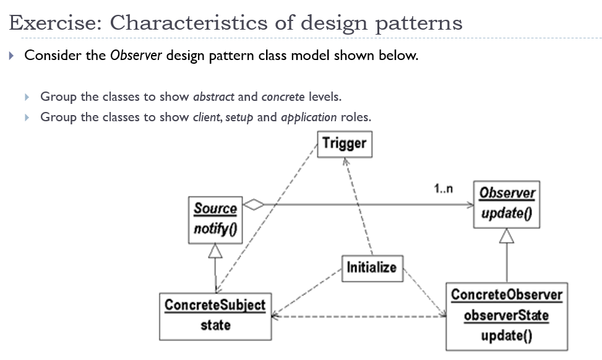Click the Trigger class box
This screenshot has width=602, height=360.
coord(345,144)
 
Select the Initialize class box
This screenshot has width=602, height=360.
coord(371,267)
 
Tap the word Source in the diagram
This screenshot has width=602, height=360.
coord(215,208)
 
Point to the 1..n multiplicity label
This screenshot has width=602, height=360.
coord(444,189)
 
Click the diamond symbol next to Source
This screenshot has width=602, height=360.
coord(254,204)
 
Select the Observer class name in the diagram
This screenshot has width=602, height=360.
coord(507,192)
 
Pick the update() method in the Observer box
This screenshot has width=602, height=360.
coord(507,214)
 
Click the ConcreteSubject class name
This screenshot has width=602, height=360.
coord(215,304)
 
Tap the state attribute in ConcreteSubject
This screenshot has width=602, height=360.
coord(215,325)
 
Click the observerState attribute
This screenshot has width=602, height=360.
coord(507,315)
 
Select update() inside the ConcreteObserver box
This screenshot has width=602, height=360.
coord(507,335)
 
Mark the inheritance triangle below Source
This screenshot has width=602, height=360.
coord(215,251)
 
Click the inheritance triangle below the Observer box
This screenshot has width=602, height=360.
coord(507,236)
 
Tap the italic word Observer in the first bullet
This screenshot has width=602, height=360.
coord(136,56)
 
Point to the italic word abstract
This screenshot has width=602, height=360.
coord(213,96)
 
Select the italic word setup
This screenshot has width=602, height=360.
coord(239,117)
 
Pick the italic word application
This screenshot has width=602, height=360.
coord(309,117)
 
